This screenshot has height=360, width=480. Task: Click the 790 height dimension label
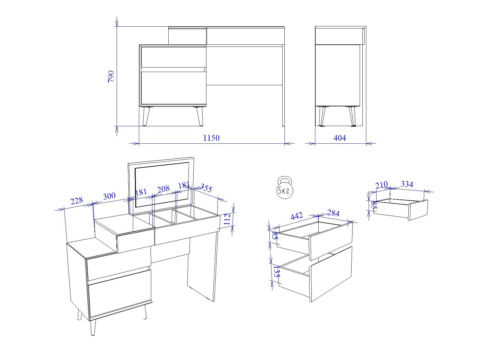coord(111,76)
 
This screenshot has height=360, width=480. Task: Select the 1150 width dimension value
coord(211,138)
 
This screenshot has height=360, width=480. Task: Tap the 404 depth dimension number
coord(340,138)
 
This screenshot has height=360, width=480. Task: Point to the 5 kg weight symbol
coord(284,187)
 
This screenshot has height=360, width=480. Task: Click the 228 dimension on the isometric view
coord(77,200)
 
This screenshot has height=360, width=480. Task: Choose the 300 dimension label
coord(109,196)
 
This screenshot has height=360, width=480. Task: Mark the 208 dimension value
coord(163,189)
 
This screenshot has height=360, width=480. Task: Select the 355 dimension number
coord(206,188)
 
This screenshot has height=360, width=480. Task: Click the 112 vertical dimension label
coord(227,219)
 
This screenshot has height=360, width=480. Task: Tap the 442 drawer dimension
coord(297,216)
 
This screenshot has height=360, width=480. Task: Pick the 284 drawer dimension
coord(333,213)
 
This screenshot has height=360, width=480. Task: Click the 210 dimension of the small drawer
coord(382,185)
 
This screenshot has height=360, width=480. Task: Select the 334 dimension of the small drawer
coord(407,184)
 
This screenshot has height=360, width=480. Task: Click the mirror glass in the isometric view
coord(162,185)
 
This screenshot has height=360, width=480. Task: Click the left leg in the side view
coord(322,116)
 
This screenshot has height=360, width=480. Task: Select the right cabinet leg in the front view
coord(199,116)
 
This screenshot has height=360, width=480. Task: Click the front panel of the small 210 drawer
coord(418,210)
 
